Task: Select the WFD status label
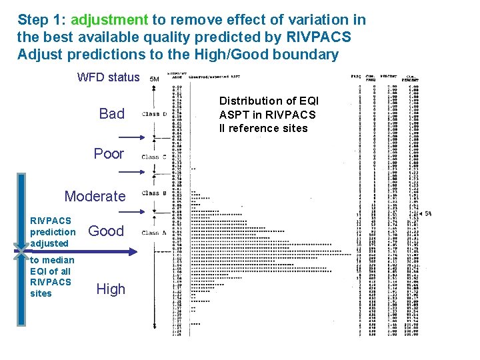[x=109, y=77]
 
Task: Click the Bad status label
[x=111, y=114]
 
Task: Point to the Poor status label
[x=109, y=154]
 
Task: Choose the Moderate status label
[x=95, y=196]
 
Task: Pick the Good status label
[x=106, y=231]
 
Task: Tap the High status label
[x=111, y=289]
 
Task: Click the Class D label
[x=153, y=114]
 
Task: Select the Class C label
[x=153, y=157]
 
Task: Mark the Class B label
[x=153, y=193]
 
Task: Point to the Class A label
[x=153, y=233]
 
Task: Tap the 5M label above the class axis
[x=154, y=79]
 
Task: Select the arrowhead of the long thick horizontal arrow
[x=133, y=252]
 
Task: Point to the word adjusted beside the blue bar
[x=49, y=243]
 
